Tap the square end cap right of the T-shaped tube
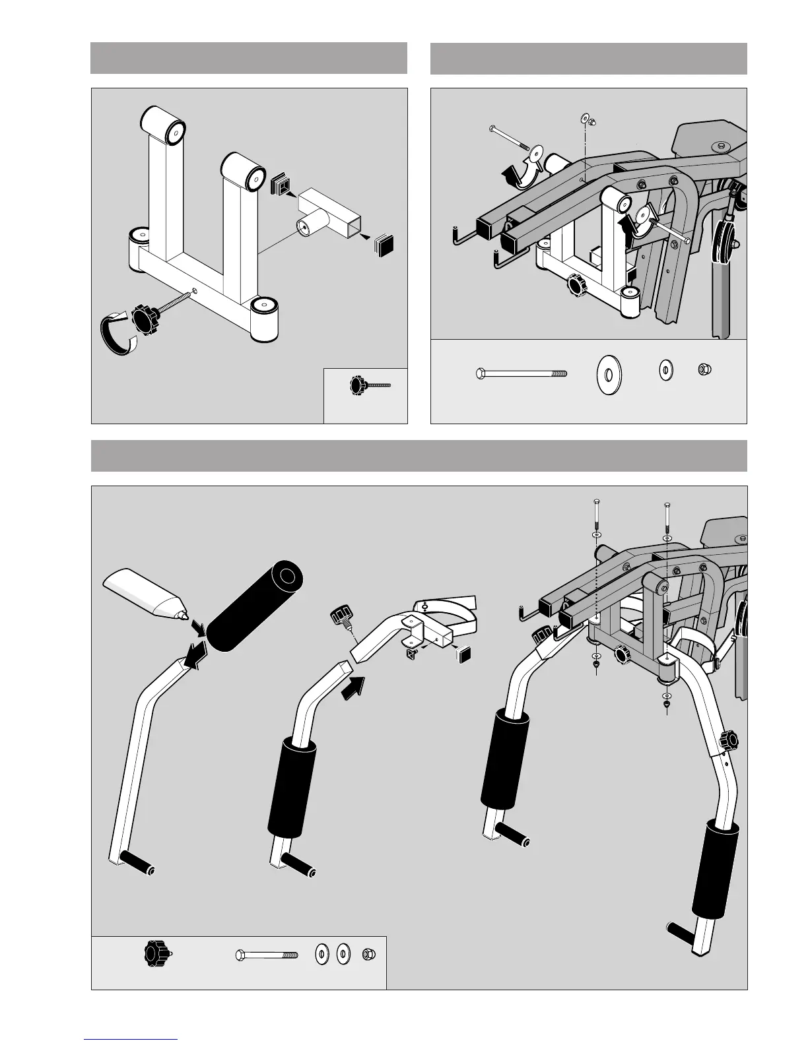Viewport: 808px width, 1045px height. pos(385,245)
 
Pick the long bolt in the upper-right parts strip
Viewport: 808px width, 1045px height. pos(522,374)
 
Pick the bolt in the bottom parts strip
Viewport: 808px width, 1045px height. pos(267,954)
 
